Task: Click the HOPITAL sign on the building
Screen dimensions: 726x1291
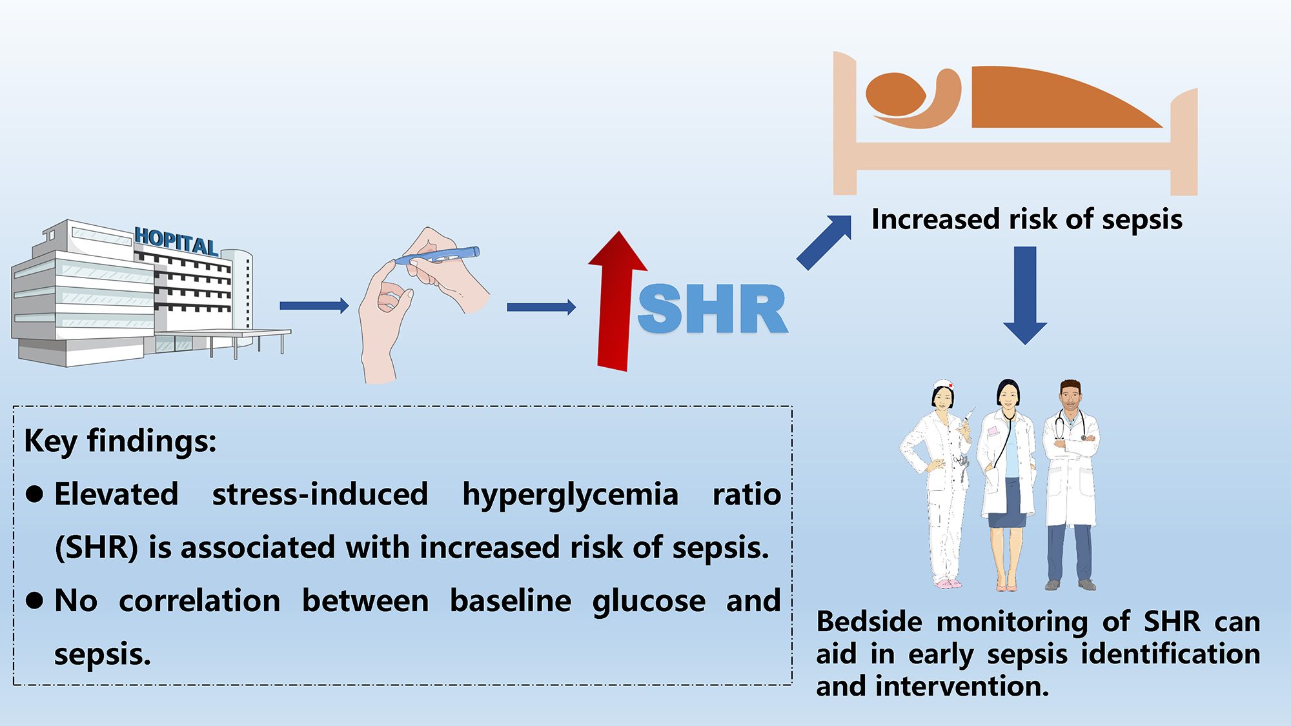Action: [176, 241]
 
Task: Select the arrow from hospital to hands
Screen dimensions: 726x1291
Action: [314, 306]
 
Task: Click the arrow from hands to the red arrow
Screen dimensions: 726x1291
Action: [541, 307]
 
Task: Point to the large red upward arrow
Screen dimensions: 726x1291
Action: [616, 303]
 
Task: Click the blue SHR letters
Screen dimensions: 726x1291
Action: [713, 310]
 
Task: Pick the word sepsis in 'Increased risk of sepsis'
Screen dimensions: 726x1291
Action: [1142, 220]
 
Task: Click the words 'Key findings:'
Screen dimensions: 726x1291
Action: [120, 441]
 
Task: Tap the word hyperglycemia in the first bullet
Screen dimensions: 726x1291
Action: [570, 495]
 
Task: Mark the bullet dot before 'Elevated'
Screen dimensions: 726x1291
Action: [35, 494]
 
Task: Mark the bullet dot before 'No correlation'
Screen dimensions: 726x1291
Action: [35, 601]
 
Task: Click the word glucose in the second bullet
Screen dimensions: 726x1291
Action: [649, 601]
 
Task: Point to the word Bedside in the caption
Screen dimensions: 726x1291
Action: [869, 622]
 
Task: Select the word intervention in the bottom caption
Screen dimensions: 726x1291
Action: [961, 686]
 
